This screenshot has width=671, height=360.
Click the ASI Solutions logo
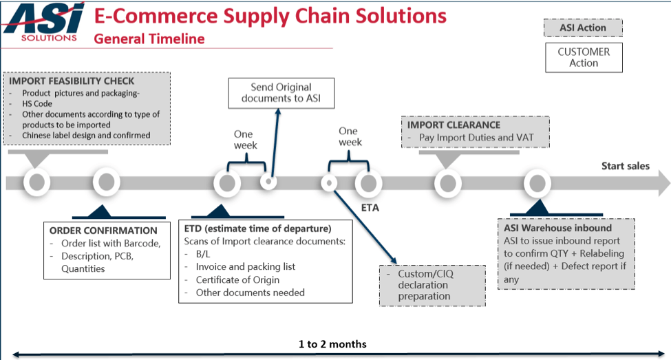tap(43, 22)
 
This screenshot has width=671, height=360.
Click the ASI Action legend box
tap(583, 28)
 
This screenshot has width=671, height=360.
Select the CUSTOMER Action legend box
tap(584, 57)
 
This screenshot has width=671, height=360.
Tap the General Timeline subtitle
tap(149, 39)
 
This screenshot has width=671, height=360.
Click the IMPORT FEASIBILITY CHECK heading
tap(72, 81)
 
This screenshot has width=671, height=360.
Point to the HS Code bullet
tap(38, 104)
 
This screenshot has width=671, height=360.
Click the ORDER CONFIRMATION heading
tap(103, 231)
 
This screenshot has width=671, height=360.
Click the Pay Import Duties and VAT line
tap(476, 138)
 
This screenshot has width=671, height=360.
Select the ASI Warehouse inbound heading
tap(557, 228)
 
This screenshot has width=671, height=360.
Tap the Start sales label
tap(625, 166)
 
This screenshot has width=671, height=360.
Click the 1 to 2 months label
tap(332, 343)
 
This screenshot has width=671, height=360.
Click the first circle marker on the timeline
tap(36, 182)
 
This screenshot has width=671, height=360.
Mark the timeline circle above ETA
tap(368, 183)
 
